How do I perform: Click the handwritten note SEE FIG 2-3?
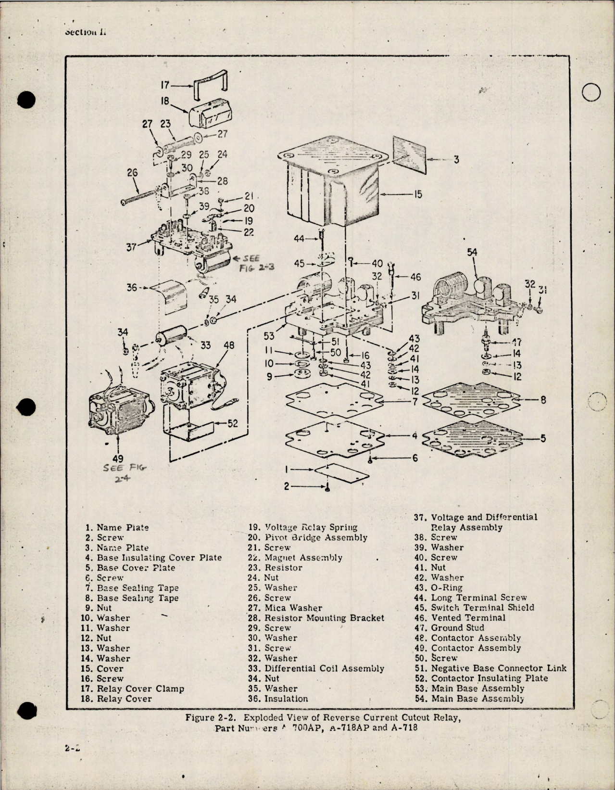point(255,264)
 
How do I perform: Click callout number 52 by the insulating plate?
point(232,423)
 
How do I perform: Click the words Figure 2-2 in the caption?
point(209,717)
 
